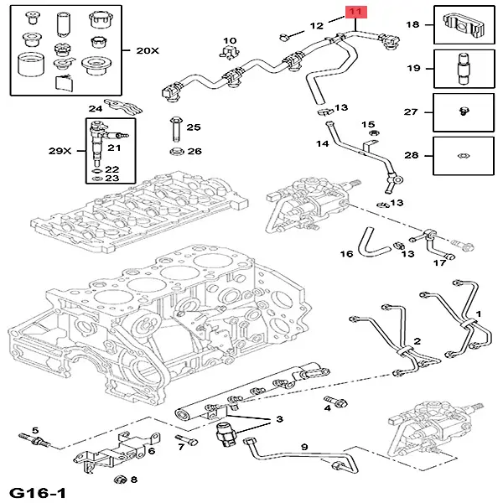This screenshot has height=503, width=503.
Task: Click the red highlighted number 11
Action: tap(355, 12)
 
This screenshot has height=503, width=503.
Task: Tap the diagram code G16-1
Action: tap(37, 490)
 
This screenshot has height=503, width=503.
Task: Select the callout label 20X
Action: tap(147, 50)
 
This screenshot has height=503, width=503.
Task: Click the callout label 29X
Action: tap(60, 150)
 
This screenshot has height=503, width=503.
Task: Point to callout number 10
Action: tap(230, 40)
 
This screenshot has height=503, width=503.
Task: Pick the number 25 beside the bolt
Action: tap(194, 127)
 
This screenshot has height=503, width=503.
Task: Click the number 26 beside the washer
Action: tap(194, 152)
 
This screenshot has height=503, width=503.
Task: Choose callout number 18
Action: tap(412, 25)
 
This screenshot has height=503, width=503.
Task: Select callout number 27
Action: tap(412, 111)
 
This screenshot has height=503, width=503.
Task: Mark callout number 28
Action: tap(412, 155)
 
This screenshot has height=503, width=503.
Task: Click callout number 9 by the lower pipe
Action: tap(304, 447)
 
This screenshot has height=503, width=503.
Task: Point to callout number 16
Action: tap(346, 253)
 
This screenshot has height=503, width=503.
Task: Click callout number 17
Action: tap(438, 263)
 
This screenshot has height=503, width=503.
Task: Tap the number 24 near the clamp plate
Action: tap(96, 108)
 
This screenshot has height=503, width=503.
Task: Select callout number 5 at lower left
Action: tap(35, 431)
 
